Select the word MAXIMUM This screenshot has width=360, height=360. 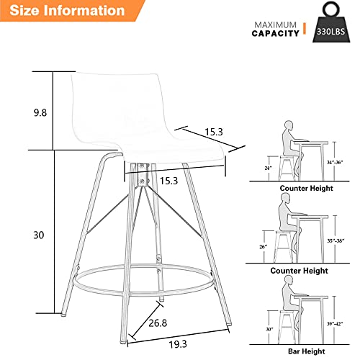tap(274, 23)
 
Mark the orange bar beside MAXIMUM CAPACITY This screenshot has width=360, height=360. tap(305, 28)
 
